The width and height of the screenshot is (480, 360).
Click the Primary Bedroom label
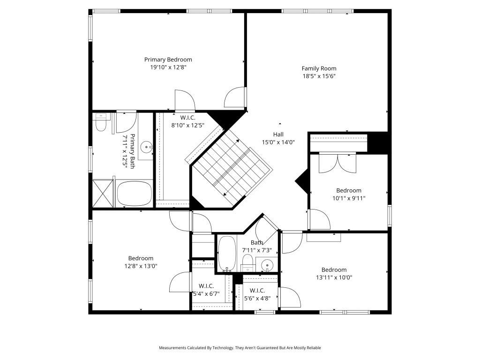click(x=168, y=60)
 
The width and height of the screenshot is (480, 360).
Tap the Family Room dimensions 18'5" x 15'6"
click(x=319, y=76)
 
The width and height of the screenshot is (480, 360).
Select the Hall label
click(x=278, y=135)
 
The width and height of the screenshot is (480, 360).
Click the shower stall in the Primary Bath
click(x=103, y=193)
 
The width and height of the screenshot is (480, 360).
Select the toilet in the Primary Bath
click(x=101, y=124)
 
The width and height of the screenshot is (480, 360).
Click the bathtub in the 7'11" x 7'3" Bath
click(x=227, y=253)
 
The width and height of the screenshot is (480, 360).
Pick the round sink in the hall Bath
click(x=267, y=264)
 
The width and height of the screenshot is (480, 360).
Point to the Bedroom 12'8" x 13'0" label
click(x=141, y=258)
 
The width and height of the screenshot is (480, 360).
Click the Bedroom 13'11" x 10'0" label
click(x=334, y=270)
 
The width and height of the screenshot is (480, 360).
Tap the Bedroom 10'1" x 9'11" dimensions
click(x=348, y=198)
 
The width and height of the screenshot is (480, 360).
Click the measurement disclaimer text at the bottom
click(x=240, y=348)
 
